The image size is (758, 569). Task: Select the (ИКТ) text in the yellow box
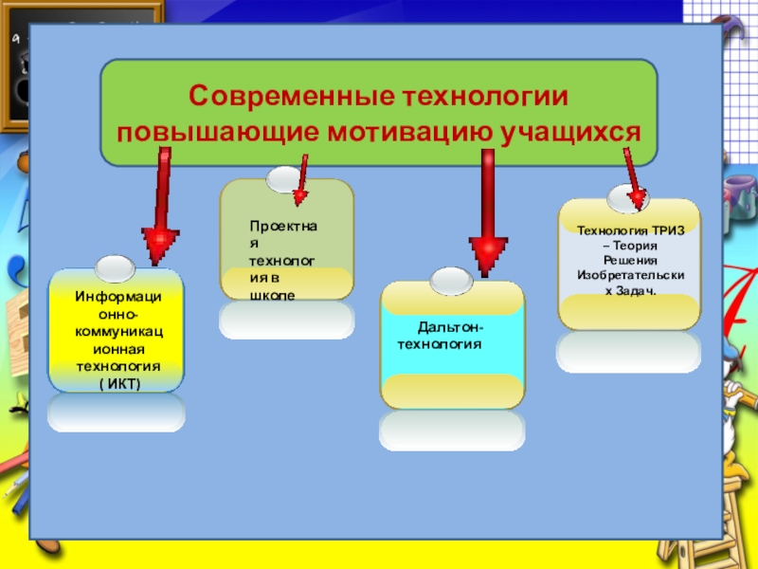pos(118,382)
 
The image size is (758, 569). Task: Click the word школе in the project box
pos(272,295)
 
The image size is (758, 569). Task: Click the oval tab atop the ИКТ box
pos(117,267)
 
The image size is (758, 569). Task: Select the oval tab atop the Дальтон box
pos(452,280)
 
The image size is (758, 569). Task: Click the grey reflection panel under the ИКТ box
pos(117,413)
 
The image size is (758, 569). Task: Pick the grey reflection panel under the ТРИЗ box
pos(628,351)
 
